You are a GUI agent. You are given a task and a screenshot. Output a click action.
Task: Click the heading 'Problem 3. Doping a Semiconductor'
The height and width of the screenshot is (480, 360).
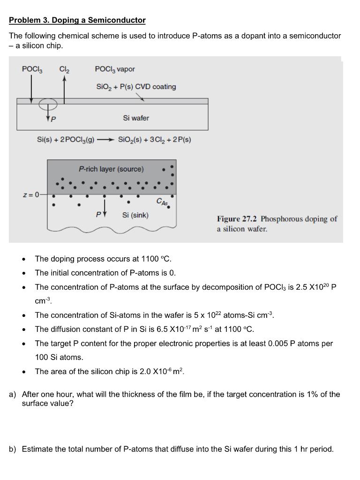tap(77, 20)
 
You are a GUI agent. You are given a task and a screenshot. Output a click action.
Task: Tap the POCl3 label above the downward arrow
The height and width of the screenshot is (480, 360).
tap(32, 69)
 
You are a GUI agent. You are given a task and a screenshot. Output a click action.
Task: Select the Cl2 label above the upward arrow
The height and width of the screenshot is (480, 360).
tap(64, 69)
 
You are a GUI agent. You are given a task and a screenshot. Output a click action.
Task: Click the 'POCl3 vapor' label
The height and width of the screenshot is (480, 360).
tap(115, 69)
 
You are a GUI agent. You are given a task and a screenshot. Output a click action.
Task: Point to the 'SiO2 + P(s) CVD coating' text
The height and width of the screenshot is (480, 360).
tap(136, 87)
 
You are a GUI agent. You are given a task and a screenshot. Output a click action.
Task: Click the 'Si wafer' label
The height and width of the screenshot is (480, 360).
tap(136, 118)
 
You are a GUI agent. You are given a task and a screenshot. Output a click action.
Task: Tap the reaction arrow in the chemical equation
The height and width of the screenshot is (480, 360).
tap(104, 140)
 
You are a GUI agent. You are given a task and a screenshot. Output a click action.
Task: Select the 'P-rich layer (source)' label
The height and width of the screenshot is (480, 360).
tap(111, 169)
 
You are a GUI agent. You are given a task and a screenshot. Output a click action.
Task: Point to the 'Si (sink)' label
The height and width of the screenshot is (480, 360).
tap(135, 215)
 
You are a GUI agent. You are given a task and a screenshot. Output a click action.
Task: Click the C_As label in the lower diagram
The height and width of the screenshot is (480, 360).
tap(161, 202)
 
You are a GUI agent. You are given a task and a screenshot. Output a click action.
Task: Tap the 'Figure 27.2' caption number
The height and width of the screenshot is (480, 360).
tap(237, 219)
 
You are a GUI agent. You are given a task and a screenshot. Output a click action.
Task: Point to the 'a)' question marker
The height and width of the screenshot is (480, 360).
tap(13, 394)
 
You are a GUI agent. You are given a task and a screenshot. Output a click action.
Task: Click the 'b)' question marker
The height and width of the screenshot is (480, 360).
tap(13, 449)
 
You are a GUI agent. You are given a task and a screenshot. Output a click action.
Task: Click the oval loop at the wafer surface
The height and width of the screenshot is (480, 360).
tap(48, 103)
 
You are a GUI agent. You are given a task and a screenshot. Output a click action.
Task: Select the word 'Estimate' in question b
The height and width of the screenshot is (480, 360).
tap(38, 449)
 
